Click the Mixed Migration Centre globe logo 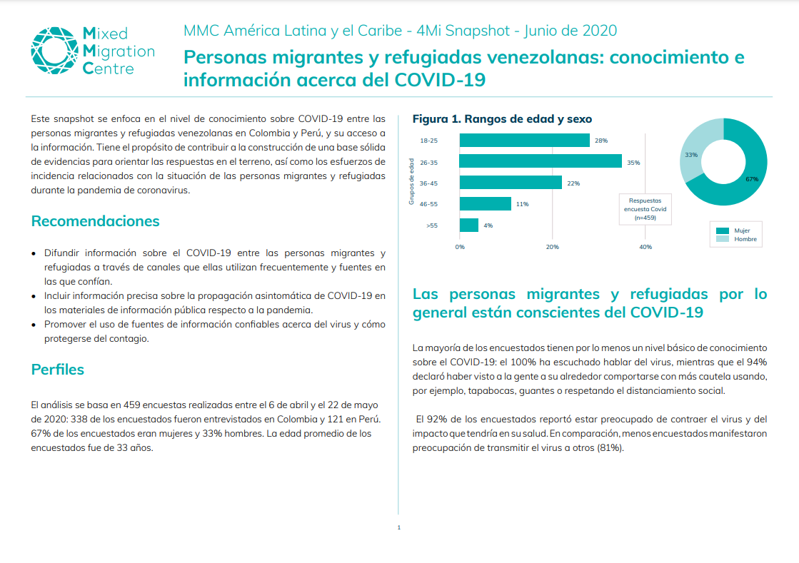coord(54,51)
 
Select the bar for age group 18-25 coord(524,141)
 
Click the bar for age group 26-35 coord(540,162)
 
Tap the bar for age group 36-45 coord(511,183)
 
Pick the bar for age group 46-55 coord(485,204)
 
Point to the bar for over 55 coord(469,225)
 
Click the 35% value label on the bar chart coord(633,163)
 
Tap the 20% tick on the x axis coord(552,247)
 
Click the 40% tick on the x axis coord(645,247)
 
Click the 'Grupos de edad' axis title coord(412,182)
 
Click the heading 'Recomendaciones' coord(95,221)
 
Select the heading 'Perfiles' coord(57,370)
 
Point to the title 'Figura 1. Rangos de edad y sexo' coord(502,119)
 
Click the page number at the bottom coord(398,527)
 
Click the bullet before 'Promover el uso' coord(35,325)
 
